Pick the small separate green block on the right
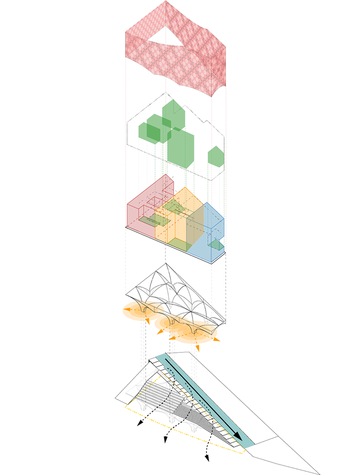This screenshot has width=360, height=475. pos(215,155)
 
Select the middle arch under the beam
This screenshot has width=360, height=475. pos(172,321)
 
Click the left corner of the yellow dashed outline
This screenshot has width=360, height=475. pos(125,407)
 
